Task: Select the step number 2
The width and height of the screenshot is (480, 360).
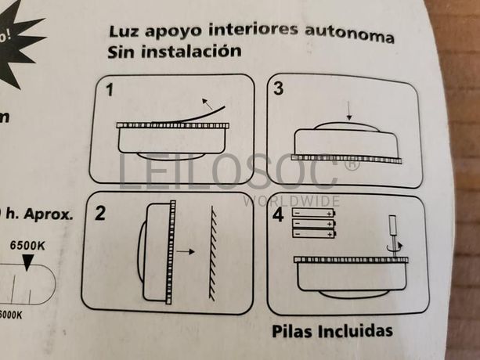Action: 100,213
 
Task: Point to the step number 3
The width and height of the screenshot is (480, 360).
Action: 279,89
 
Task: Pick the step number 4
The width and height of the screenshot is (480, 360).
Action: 278,214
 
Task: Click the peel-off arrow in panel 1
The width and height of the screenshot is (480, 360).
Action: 208,102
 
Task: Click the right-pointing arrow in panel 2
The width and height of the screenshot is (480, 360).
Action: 186,252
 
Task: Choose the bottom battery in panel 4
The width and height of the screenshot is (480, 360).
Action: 313,233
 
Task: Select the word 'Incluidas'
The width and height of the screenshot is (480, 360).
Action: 355,330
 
